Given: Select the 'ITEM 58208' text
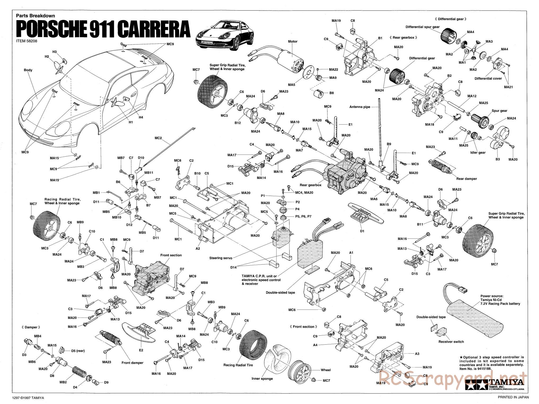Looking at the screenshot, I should coord(27,41).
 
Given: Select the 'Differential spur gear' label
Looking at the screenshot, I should coord(422,27).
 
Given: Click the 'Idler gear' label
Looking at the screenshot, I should coord(478,152).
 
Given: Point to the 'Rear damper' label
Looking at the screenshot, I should coord(466,179).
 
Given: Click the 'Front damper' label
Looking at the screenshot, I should coord(132,363).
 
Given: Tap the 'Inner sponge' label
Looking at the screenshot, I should coord(262,379).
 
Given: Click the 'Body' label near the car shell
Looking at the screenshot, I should coord(28,70).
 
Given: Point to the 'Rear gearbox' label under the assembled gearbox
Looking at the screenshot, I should coord(310,185).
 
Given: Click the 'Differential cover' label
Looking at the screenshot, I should coord(488,78).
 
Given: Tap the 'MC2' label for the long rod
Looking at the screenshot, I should coord(158,138).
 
